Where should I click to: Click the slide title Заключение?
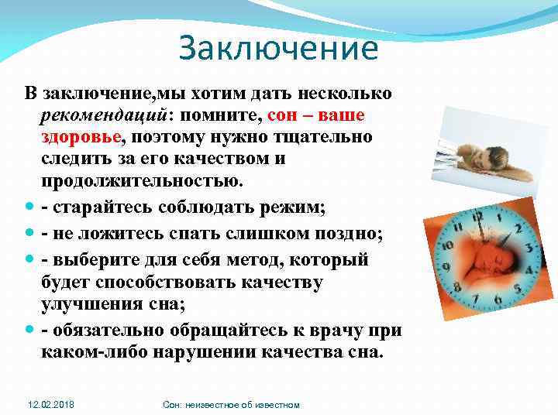(x=278, y=48)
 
